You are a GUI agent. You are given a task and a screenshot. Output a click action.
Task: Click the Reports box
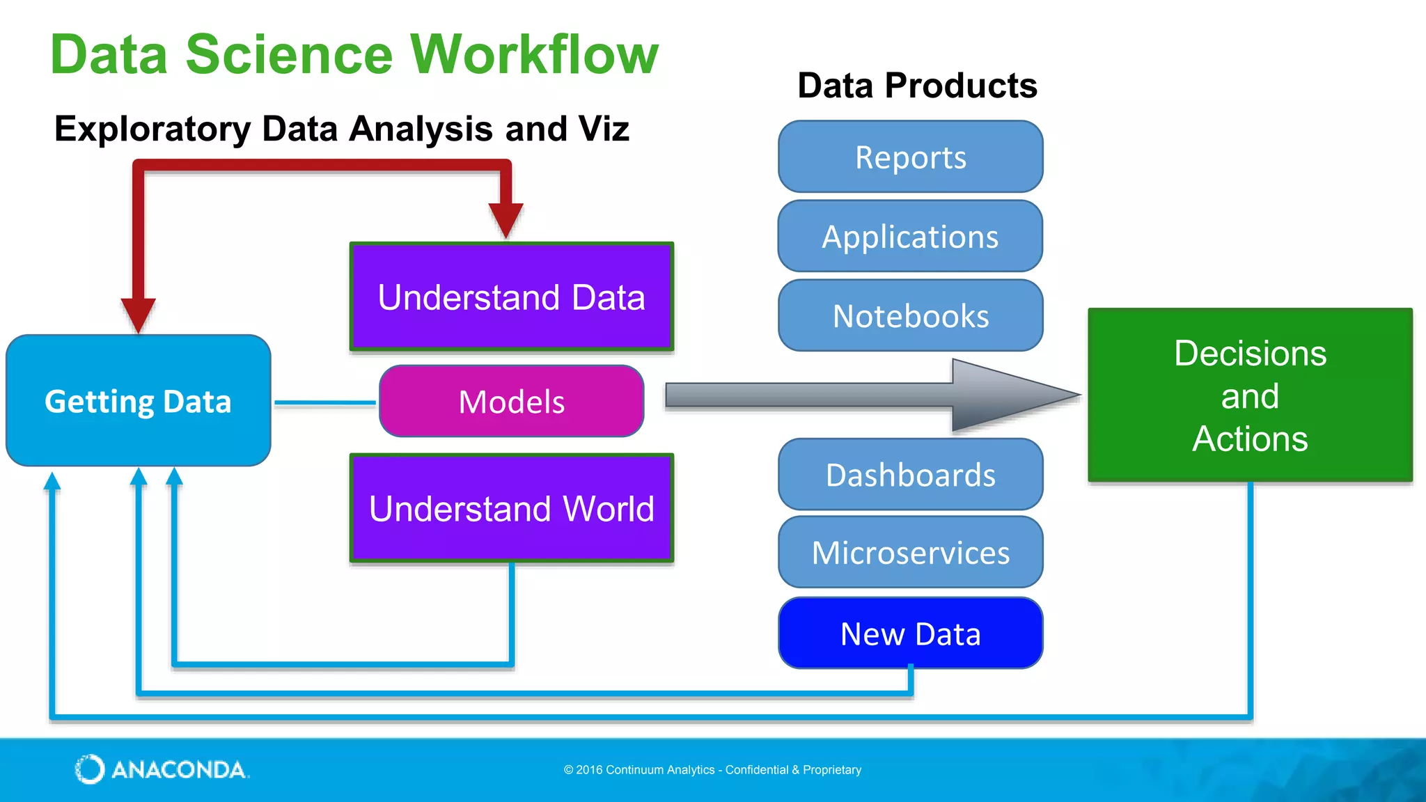[x=910, y=157]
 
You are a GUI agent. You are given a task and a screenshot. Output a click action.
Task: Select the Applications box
[x=910, y=236]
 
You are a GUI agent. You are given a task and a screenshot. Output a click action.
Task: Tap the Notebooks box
[x=910, y=315]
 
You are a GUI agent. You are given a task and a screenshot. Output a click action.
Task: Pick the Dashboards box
[x=910, y=474]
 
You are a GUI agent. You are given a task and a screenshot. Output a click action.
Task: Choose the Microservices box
[x=910, y=552]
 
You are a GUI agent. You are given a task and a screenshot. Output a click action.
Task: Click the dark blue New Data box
[x=910, y=633]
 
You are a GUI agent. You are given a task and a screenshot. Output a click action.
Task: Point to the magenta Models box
[x=511, y=401]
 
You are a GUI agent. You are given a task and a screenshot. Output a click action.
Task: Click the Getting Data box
[x=138, y=401]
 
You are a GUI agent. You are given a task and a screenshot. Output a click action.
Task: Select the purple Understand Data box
[x=511, y=297]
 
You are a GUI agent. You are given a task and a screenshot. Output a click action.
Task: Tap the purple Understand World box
[x=511, y=508]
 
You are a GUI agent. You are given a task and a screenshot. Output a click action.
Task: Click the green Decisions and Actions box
[x=1250, y=395]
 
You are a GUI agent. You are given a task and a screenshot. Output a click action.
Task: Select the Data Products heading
[x=917, y=86]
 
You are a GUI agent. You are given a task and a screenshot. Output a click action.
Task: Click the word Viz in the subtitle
[x=602, y=129]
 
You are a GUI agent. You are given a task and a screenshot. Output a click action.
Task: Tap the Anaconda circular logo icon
[x=90, y=769]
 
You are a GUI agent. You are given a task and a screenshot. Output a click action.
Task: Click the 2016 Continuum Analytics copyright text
[x=712, y=769]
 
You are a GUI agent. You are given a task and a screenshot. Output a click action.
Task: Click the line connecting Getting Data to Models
[x=325, y=402]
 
